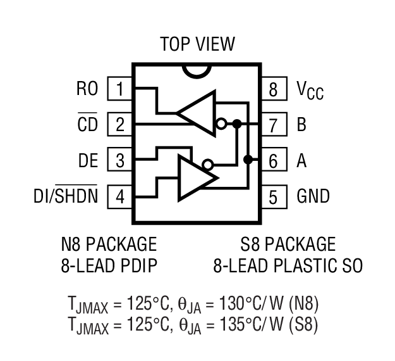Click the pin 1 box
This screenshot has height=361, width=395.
point(119,89)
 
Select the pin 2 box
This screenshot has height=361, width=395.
point(119,125)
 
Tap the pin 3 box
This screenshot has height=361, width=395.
point(119,161)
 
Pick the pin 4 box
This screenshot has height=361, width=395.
point(119,196)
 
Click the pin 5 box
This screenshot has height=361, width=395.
point(273,196)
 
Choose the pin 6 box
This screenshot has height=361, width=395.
point(273,161)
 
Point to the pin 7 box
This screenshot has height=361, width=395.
point(273,125)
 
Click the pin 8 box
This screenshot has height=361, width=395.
point(273,89)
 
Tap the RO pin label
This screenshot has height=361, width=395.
point(87,89)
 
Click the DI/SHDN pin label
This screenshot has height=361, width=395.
point(66,196)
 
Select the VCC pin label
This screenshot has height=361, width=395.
point(310,90)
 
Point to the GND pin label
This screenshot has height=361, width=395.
point(313,196)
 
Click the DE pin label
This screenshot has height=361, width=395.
point(88,161)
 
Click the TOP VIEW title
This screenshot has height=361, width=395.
point(197,44)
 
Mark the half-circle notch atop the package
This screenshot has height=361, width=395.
point(197,70)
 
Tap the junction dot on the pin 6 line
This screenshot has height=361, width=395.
point(248,159)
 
